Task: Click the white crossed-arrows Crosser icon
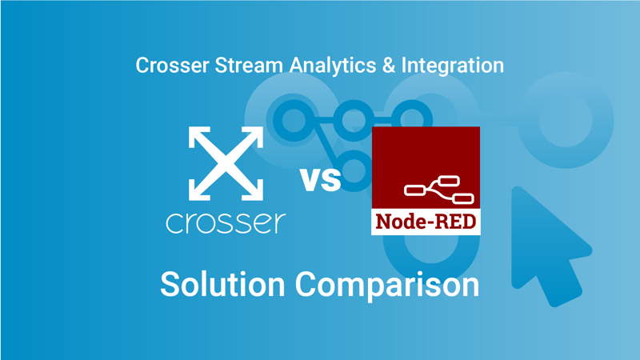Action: point(226,163)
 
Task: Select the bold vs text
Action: point(321,179)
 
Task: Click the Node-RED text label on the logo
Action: point(426,219)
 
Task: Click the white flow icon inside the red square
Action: point(438,190)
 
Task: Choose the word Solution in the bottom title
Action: point(223,284)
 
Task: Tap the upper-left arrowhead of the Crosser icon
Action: point(198,136)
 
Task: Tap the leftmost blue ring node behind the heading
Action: point(292,120)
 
